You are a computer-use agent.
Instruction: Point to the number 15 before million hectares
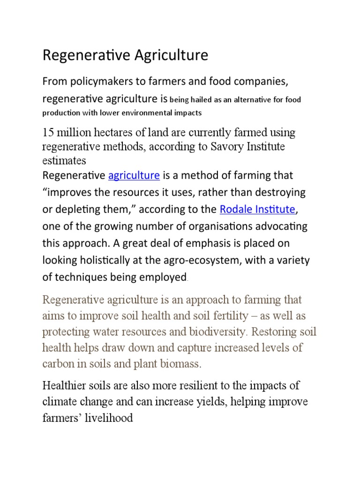(48, 133)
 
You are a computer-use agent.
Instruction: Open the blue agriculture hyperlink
(134, 176)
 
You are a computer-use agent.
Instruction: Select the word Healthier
(65, 386)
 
